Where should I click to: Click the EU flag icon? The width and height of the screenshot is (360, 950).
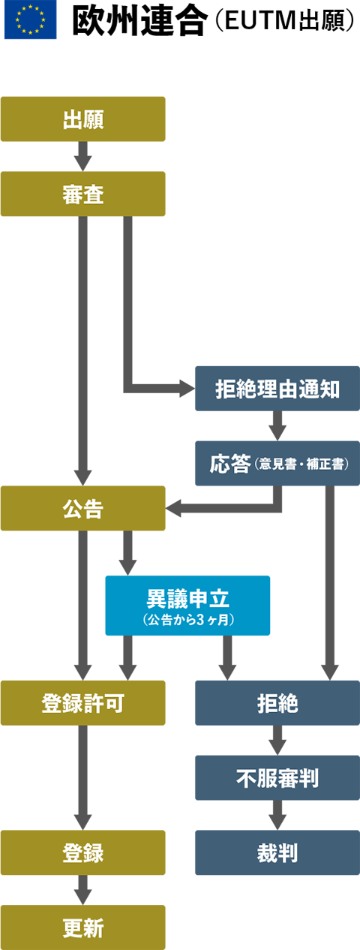pos(31,20)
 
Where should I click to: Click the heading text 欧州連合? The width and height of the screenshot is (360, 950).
pos(140,21)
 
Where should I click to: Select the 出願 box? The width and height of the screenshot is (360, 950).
pos(83,119)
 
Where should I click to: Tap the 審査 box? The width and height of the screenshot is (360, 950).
pos(83,194)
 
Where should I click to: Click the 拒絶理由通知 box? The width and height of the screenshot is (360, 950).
pos(277,389)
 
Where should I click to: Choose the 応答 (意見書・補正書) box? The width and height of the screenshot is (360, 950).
pos(277,463)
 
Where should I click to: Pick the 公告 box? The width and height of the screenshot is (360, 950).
pos(83,508)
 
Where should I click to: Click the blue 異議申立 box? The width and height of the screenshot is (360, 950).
pos(187,606)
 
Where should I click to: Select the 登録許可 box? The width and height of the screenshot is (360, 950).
pos(83,703)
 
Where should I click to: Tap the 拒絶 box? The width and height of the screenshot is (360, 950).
pos(277,703)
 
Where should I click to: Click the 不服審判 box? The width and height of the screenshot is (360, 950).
pos(277,778)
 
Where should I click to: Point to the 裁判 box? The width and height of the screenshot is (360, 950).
pos(277,852)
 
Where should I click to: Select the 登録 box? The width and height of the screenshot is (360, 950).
pos(83,852)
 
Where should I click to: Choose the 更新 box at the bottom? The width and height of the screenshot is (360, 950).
pos(83,927)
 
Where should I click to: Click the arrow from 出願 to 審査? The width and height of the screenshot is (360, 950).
pos(83,156)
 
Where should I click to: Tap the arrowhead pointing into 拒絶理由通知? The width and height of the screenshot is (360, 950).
pos(187,389)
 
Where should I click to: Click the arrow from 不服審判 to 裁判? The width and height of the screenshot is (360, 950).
pos(277,815)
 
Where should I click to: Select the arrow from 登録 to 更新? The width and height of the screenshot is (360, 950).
pos(83,890)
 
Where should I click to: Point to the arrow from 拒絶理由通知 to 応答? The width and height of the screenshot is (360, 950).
pos(277,425)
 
